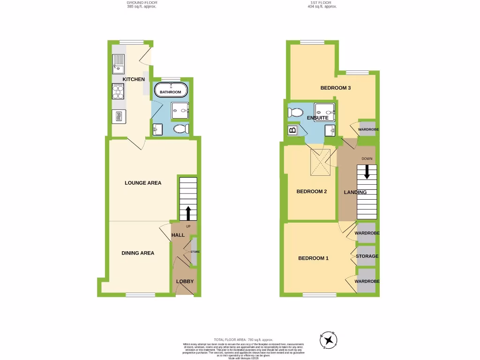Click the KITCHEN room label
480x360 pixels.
point(134,79)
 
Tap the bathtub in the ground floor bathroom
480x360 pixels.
point(171,90)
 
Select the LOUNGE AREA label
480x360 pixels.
point(143,183)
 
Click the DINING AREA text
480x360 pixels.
point(138,253)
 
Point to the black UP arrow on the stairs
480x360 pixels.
point(188,213)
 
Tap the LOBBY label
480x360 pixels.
point(185,281)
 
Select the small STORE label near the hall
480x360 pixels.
point(195,252)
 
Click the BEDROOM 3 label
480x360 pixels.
point(336,88)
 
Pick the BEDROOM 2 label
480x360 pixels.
point(312,191)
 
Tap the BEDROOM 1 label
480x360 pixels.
point(314,258)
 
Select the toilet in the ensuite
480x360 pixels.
point(296,112)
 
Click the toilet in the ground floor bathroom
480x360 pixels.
point(180,129)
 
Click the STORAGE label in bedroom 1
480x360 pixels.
point(367,256)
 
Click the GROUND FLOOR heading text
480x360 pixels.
point(142,3)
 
